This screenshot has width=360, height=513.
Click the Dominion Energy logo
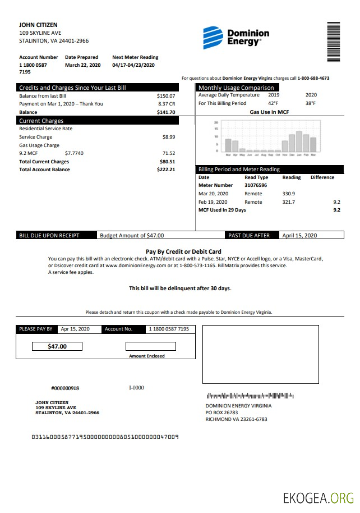[x=236, y=38]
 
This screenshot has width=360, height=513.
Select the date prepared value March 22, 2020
[x=82, y=65]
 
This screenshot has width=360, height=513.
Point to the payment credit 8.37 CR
[x=167, y=104]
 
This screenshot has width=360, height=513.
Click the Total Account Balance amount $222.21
[x=166, y=170]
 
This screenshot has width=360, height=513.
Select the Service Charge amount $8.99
[x=168, y=137]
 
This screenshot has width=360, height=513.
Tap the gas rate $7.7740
[x=74, y=153]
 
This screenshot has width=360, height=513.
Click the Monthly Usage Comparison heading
[x=236, y=88]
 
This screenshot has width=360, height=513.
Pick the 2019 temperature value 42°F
[x=273, y=104]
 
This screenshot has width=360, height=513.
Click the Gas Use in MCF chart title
[x=269, y=112]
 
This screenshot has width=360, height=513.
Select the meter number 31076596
[x=256, y=185]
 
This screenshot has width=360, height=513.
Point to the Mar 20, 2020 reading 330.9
[x=289, y=194]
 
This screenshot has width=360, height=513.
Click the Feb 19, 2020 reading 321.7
[x=289, y=202]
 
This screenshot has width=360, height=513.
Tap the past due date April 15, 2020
[x=299, y=236]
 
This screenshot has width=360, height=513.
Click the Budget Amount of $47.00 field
[x=132, y=236]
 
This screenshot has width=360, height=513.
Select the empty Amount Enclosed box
[x=150, y=346]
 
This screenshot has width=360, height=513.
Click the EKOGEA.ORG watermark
[x=318, y=498]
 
